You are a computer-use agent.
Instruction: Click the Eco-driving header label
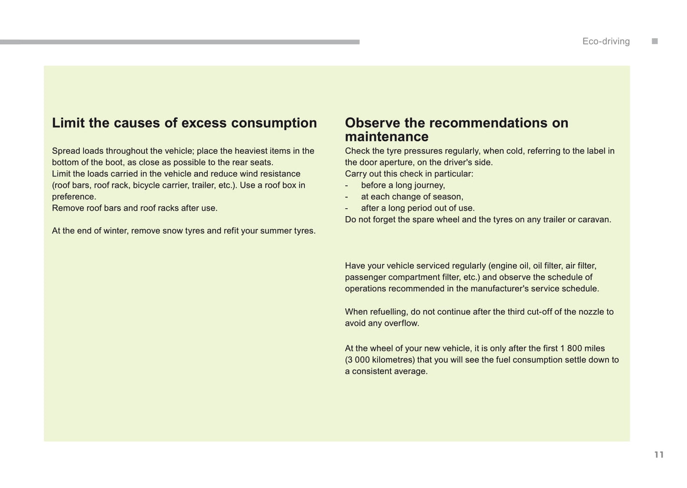tap(606, 41)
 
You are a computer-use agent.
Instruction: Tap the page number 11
tap(658, 455)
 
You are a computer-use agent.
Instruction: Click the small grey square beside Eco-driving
tap(655, 41)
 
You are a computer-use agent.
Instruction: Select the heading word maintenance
tap(387, 137)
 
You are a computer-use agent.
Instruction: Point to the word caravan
tap(594, 219)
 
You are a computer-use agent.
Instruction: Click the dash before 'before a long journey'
tap(347, 185)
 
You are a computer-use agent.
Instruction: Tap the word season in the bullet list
tap(448, 196)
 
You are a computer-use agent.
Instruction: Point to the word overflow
tap(404, 323)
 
